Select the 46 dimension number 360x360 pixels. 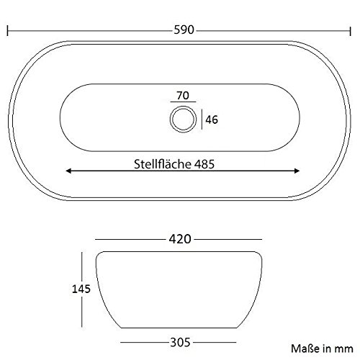(212, 120)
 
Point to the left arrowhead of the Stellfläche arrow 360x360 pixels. (68, 171)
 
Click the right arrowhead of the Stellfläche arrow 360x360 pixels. (298, 171)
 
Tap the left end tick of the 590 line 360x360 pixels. (7, 32)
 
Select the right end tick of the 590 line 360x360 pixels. (351, 32)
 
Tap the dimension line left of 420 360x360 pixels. (130, 239)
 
